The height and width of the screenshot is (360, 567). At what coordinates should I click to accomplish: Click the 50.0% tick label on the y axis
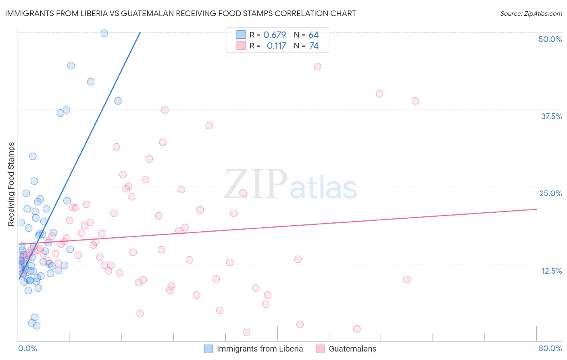tap(550, 39)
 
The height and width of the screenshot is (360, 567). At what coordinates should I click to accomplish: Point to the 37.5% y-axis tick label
tap(551, 116)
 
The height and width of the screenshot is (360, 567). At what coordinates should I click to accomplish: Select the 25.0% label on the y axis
tap(550, 193)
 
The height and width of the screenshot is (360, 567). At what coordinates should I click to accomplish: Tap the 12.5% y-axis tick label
tap(551, 271)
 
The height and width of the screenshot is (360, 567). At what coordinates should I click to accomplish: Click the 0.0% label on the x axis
tap(27, 348)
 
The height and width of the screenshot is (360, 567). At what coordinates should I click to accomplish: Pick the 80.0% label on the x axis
tap(550, 348)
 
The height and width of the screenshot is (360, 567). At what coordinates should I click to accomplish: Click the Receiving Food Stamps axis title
tap(11, 184)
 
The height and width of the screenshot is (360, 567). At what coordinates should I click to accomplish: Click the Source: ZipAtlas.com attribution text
tap(531, 13)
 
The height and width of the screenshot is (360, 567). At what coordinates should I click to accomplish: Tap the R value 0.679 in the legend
tap(275, 35)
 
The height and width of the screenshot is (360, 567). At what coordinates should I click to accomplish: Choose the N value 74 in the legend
tap(314, 46)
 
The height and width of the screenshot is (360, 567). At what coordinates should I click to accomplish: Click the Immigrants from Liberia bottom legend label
tap(260, 349)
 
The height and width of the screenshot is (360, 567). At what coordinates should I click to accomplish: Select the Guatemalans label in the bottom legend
tap(352, 349)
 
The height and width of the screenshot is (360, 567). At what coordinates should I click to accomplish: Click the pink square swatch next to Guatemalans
tap(320, 349)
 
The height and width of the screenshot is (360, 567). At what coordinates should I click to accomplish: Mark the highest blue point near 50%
tap(104, 33)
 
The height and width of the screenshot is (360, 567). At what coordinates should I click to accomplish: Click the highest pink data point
tap(317, 67)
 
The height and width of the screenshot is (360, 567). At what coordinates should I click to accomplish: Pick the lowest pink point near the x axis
tap(246, 333)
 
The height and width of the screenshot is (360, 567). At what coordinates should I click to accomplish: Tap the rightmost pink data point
tap(415, 101)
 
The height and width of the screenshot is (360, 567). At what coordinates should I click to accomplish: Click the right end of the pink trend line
tap(536, 209)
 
